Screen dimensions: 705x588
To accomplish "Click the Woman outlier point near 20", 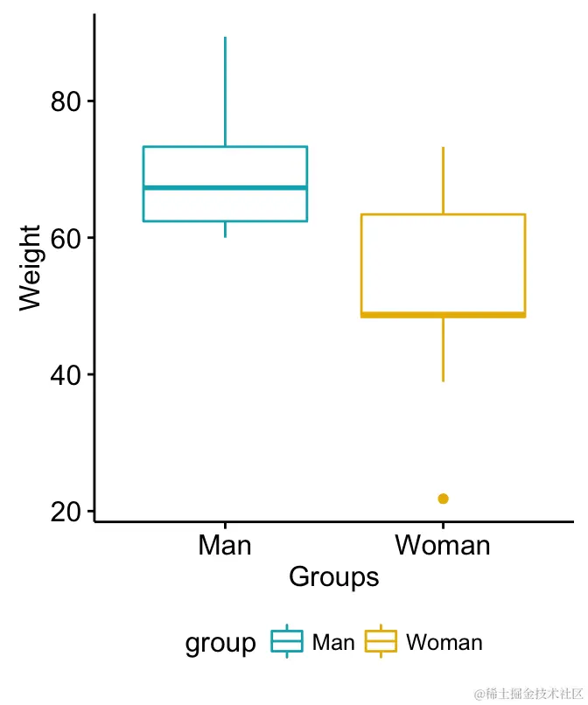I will tap(443, 499).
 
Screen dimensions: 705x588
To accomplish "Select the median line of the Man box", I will tap(225, 187).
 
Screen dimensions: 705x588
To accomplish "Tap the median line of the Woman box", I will tap(443, 314).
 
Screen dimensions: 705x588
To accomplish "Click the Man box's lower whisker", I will tap(225, 229).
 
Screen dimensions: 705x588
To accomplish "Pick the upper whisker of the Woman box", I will tap(443, 180).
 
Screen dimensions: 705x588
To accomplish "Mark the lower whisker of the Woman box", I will tap(443, 349).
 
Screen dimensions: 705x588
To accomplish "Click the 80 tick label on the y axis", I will tap(66, 101).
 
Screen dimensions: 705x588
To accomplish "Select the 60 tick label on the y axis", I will tap(66, 238).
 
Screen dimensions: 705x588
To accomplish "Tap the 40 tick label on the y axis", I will tap(66, 374).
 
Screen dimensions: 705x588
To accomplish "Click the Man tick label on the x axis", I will tap(225, 546).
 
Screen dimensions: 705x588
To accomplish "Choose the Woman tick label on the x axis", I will tap(443, 546).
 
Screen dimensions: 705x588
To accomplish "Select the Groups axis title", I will tap(333, 577).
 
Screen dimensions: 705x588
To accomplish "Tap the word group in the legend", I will tap(220, 644).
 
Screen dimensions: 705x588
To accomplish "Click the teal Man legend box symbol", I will tap(287, 642).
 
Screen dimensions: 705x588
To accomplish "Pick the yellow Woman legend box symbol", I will tap(381, 642).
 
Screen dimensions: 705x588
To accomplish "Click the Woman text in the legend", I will tap(444, 643).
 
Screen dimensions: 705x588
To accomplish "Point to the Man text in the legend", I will tap(333, 643).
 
